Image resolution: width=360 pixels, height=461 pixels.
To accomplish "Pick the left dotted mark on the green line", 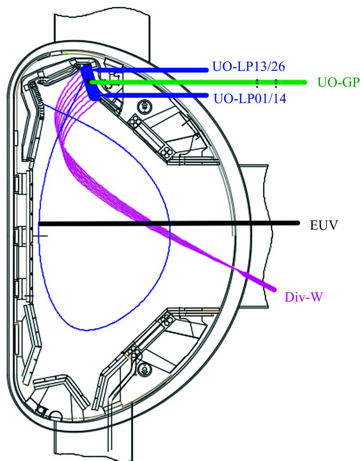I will pos(257,82).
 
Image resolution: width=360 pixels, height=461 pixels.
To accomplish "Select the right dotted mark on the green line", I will pos(276,82).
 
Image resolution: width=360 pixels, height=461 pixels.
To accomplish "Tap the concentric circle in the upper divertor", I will pos(145,107).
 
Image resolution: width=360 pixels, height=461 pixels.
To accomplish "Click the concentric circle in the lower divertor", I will pos(144,369).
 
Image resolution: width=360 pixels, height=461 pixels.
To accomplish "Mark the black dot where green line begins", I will pos(89,82).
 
